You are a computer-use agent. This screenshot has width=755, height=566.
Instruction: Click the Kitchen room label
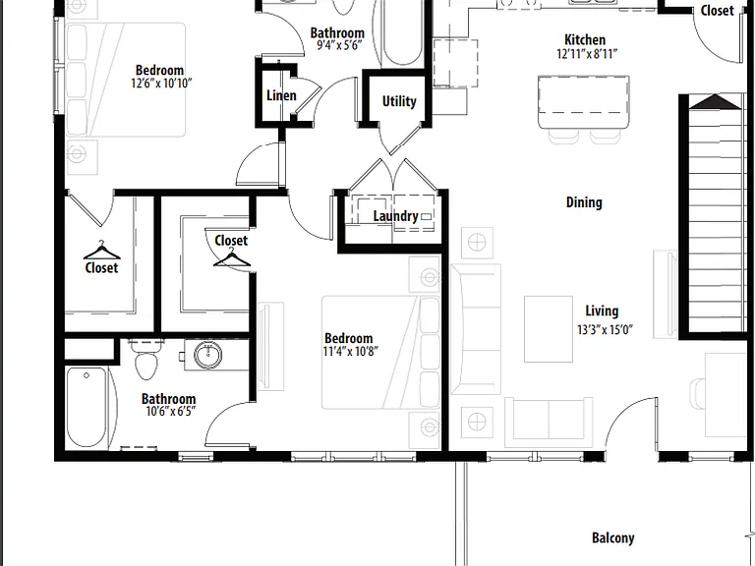click(585, 39)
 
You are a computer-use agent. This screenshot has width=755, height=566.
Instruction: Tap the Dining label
click(584, 202)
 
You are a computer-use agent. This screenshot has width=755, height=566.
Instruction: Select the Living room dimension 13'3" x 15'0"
click(605, 330)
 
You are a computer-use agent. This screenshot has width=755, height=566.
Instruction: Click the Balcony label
click(613, 538)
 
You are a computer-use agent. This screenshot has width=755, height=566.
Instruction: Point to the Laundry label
click(396, 216)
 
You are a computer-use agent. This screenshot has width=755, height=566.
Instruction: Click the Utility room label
click(399, 101)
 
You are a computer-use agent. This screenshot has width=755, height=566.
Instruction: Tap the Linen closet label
click(281, 95)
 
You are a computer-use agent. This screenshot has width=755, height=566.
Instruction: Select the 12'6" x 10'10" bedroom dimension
click(161, 84)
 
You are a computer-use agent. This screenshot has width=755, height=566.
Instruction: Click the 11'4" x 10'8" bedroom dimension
click(351, 352)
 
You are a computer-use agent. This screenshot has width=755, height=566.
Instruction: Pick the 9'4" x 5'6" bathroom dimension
click(339, 46)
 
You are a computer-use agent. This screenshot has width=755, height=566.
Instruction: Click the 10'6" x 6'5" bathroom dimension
click(171, 412)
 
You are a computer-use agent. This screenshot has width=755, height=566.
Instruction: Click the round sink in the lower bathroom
click(208, 355)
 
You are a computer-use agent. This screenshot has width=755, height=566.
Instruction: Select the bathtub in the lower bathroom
click(87, 407)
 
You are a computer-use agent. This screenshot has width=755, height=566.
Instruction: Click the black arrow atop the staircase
click(715, 102)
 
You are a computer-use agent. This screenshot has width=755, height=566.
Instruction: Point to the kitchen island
click(584, 102)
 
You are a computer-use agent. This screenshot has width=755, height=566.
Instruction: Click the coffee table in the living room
click(549, 329)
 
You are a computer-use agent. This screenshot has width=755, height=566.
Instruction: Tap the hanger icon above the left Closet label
click(101, 251)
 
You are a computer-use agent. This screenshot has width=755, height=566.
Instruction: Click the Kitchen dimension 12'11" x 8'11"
click(587, 53)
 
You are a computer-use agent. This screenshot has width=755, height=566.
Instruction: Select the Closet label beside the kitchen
click(717, 11)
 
